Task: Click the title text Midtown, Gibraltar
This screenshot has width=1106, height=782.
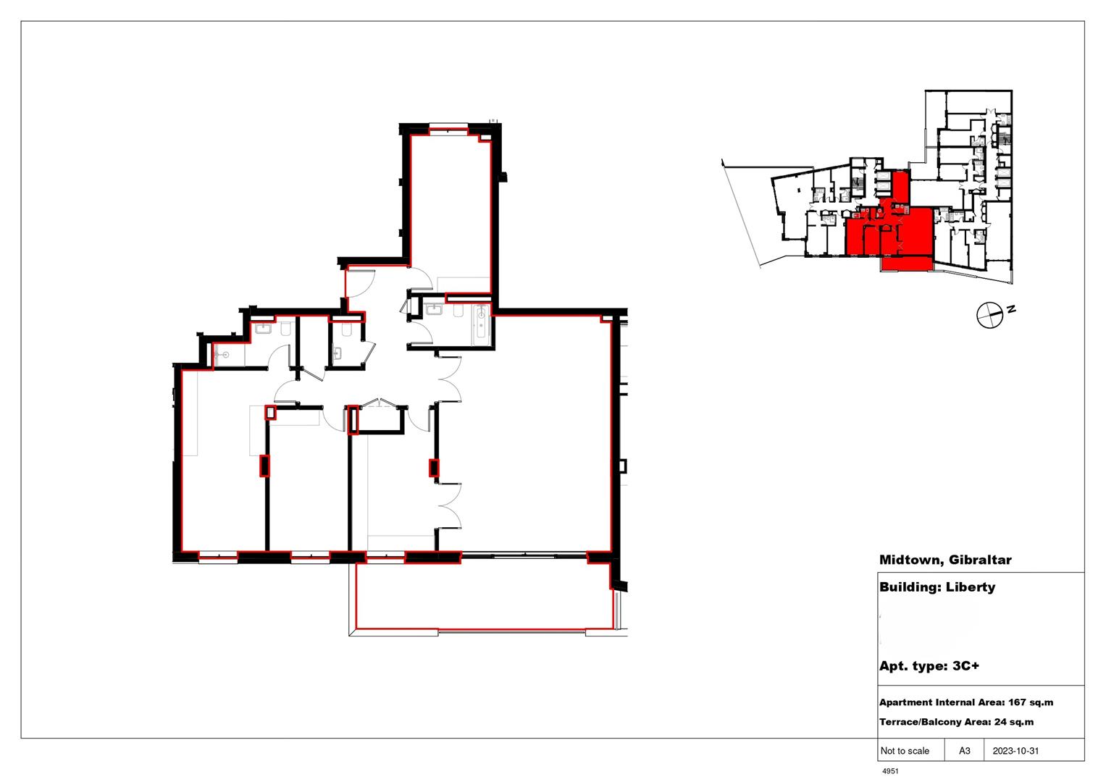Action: pos(944,560)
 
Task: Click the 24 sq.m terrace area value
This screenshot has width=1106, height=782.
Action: pos(1013,722)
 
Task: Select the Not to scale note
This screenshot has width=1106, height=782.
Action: pos(905,751)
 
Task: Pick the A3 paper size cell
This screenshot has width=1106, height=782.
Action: pos(965,751)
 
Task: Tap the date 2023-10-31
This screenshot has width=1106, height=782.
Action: pos(1015,751)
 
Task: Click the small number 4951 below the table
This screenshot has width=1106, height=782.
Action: pos(890,772)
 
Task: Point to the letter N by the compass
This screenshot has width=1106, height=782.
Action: pos(1011,309)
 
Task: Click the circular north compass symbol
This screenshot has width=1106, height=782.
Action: pos(988,315)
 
